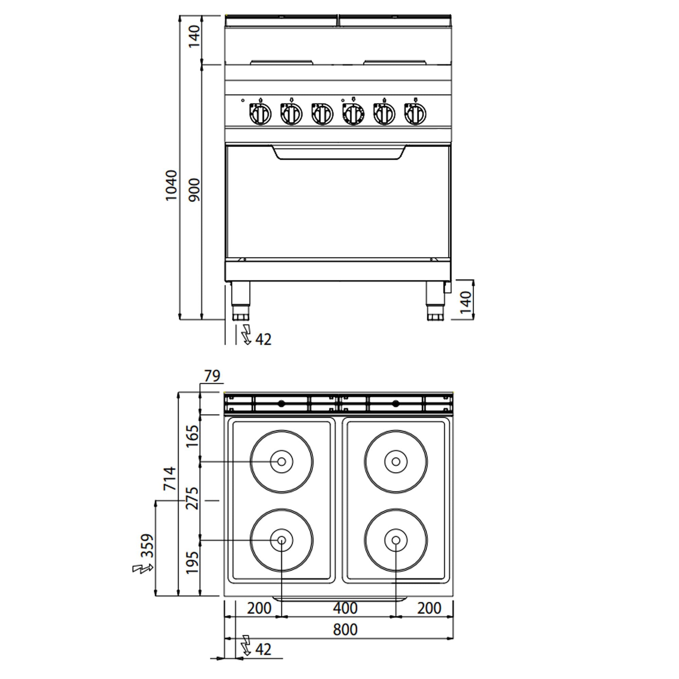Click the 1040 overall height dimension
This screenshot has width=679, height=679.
(171, 185)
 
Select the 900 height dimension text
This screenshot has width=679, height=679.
(194, 190)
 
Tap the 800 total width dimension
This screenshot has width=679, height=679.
(345, 629)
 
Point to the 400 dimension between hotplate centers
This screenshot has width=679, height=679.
(345, 608)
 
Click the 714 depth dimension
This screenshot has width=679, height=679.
(170, 478)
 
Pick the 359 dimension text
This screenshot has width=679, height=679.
(148, 546)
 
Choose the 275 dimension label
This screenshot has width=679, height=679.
(192, 498)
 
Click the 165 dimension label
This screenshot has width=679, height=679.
(192, 436)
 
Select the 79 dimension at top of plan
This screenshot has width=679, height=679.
(212, 376)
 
